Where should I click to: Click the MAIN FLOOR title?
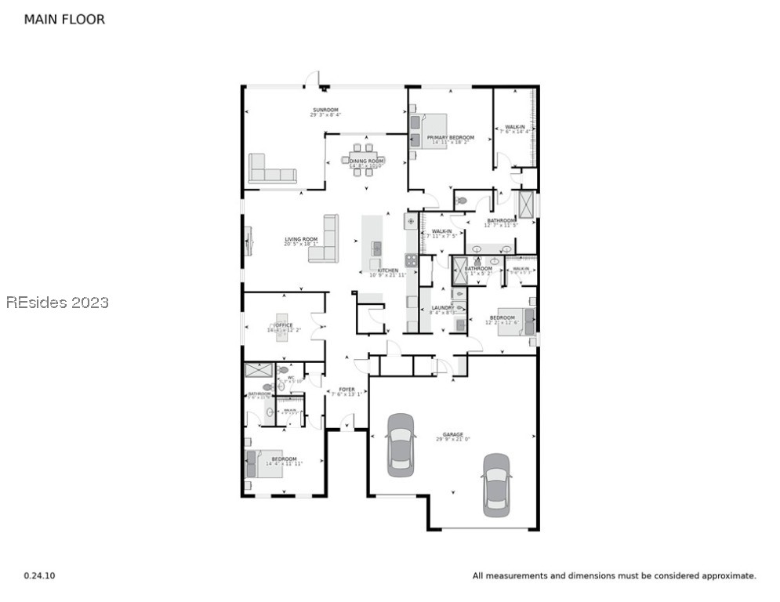(x=64, y=20)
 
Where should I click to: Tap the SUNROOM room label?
(x=325, y=110)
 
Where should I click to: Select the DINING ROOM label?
(x=366, y=161)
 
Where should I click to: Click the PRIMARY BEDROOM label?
(x=450, y=138)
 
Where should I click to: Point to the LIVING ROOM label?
(x=300, y=239)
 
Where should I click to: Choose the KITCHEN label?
(x=387, y=270)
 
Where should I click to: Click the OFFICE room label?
(x=283, y=325)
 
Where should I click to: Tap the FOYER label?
(x=346, y=390)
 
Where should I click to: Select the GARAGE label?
(x=452, y=434)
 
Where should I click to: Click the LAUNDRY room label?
(x=442, y=308)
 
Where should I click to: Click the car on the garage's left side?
(x=401, y=444)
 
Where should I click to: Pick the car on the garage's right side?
(x=496, y=484)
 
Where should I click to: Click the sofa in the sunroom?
(x=272, y=169)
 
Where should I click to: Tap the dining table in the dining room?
(x=362, y=160)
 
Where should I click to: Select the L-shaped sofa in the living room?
(x=325, y=241)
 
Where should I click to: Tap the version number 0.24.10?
(x=39, y=576)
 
